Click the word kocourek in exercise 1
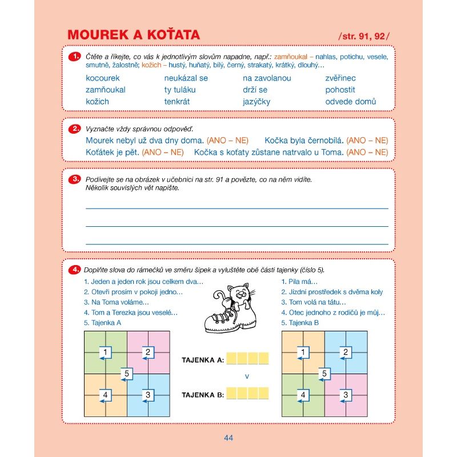coord(103,78)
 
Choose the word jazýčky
coord(256,102)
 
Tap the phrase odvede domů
coord(351,102)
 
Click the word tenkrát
coord(177,102)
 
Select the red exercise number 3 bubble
coord(74,179)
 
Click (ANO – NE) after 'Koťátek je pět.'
coord(163,152)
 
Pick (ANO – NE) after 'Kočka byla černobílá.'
coord(367,140)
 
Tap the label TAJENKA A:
coord(202,360)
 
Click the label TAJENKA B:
coord(202,394)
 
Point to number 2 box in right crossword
coord(346,352)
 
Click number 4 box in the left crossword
coord(105,395)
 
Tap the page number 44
coord(228,438)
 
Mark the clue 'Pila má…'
coord(299,282)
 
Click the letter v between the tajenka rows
coord(247,376)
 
